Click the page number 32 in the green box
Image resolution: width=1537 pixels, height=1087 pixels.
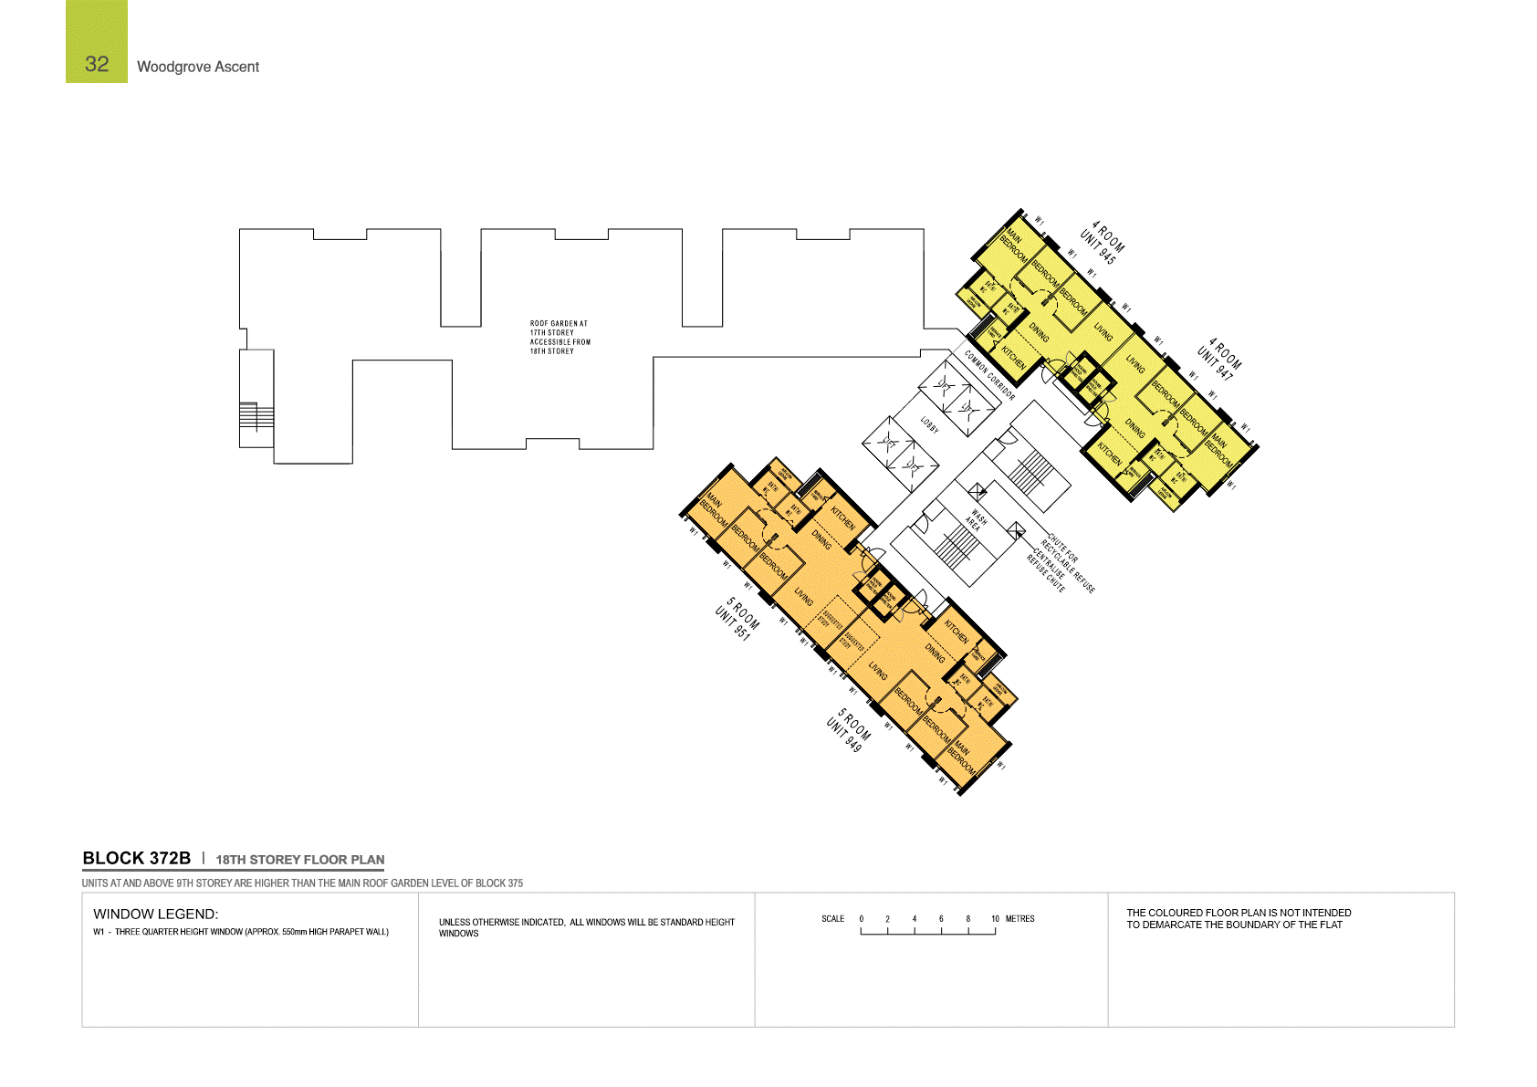(97, 64)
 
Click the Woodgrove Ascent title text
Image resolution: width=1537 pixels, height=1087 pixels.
(198, 67)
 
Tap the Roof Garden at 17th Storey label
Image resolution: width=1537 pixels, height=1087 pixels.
(559, 337)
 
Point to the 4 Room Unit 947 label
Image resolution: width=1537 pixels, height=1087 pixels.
(1218, 360)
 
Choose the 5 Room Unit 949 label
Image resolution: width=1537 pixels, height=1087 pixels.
(848, 730)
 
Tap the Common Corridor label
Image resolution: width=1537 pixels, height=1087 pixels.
(989, 375)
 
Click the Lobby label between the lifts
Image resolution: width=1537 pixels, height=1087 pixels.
(929, 425)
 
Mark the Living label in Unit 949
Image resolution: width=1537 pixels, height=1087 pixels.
(877, 672)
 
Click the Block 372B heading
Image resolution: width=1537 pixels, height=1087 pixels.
(137, 859)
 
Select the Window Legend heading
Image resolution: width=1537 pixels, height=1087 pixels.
(155, 914)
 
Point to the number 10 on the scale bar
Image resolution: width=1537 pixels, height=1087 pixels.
(995, 919)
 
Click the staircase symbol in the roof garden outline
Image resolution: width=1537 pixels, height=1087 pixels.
(256, 416)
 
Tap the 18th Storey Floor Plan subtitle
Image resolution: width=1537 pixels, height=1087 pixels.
(300, 860)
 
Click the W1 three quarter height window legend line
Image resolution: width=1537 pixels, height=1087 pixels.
(241, 932)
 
